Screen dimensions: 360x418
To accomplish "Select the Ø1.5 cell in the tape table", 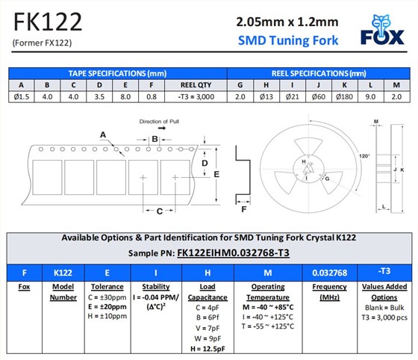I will pyautogui.click(x=21, y=96).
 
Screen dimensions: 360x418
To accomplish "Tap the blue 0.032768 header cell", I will pyautogui.click(x=330, y=272).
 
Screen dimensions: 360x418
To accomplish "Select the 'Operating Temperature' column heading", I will pyautogui.click(x=269, y=291).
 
